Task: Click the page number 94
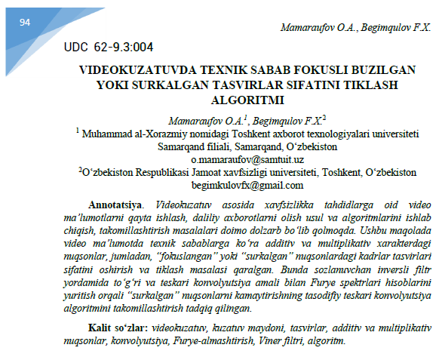(25, 23)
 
